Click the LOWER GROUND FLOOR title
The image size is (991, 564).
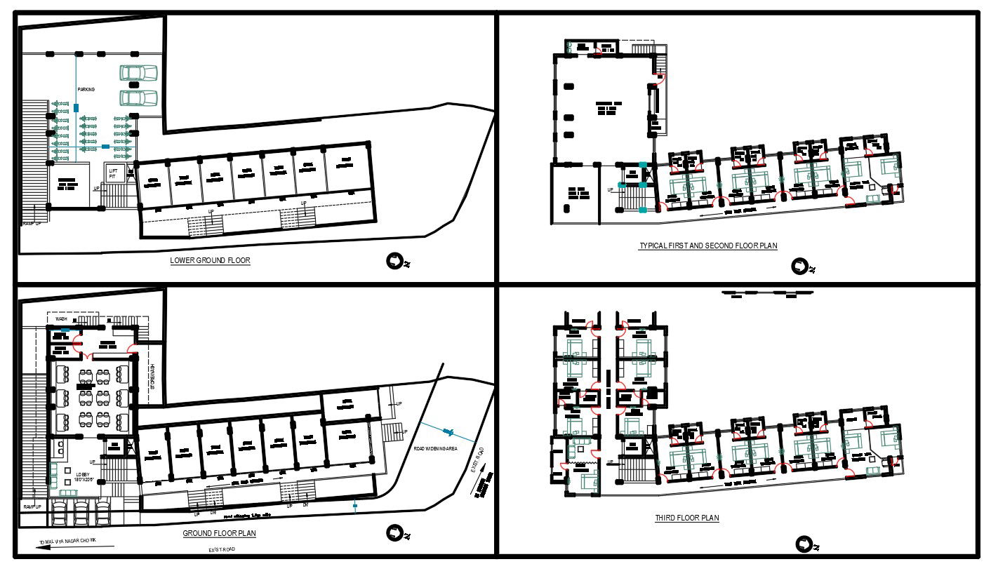click(210, 261)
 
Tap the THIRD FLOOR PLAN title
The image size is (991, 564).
click(687, 518)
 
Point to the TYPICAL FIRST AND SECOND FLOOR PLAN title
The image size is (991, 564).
click(708, 246)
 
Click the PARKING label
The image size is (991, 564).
click(86, 90)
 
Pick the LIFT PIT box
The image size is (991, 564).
click(114, 174)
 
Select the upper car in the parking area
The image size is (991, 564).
click(139, 73)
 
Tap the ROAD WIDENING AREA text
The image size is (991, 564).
click(435, 448)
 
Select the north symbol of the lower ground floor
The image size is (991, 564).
click(395, 262)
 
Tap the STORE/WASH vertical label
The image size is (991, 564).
click(154, 377)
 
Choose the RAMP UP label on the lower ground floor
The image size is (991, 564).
click(32, 223)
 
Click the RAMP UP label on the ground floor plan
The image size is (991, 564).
click(32, 506)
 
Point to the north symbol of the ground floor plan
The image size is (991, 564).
click(395, 535)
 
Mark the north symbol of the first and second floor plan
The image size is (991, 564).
click(800, 267)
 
